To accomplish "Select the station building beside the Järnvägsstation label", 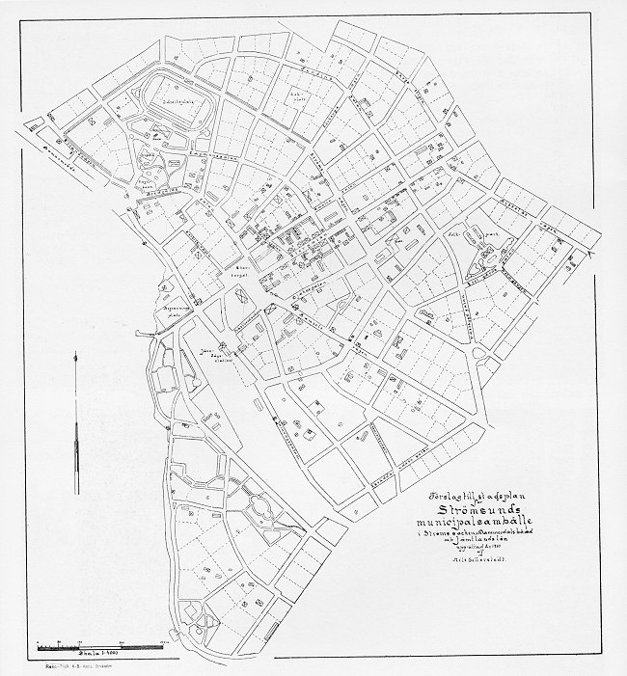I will [224, 346].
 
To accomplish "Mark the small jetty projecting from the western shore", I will [145, 331].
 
